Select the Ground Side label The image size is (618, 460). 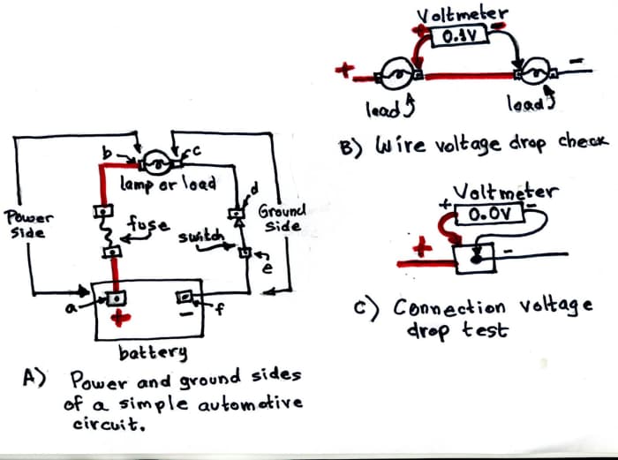point(282,219)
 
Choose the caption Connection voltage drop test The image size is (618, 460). point(491,319)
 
